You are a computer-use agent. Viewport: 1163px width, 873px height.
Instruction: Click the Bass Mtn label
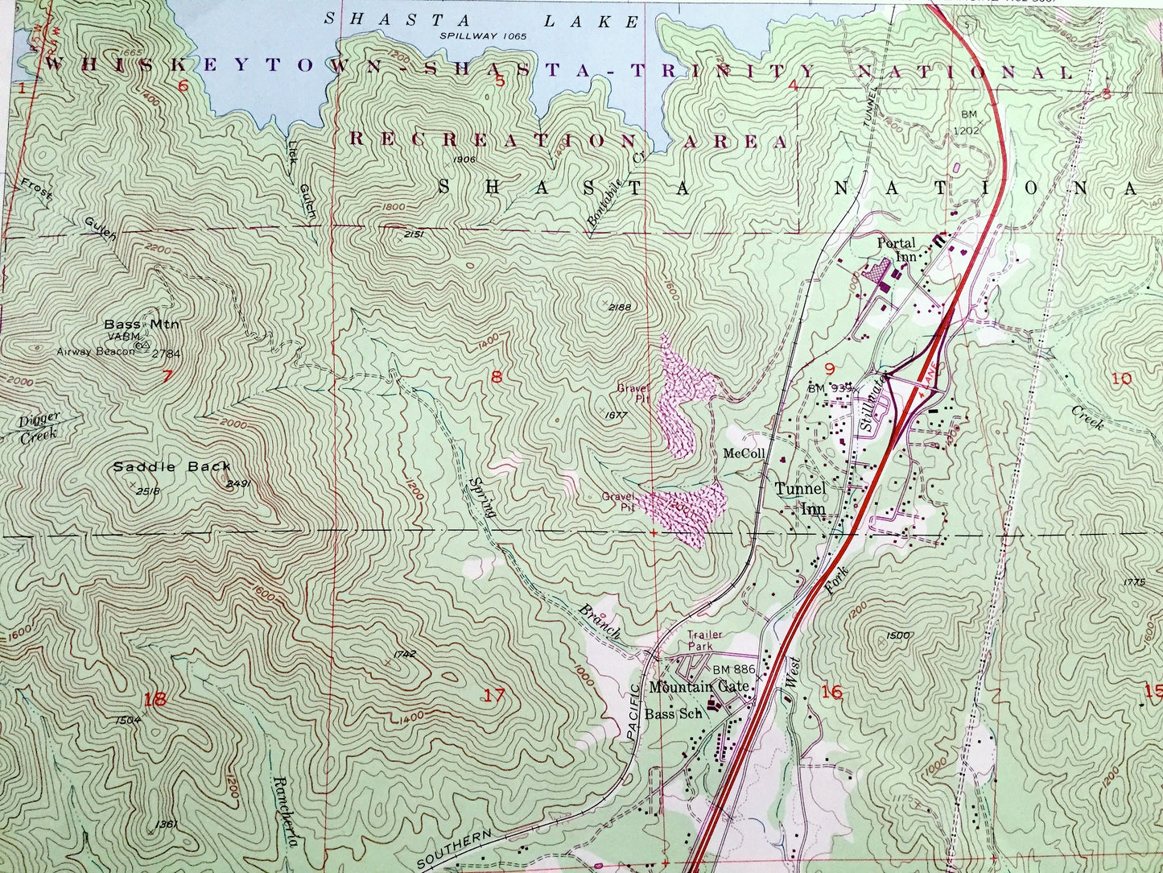pos(141,324)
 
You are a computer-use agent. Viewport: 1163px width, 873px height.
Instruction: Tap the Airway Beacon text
pos(95,351)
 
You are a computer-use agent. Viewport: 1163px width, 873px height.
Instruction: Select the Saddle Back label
pos(171,466)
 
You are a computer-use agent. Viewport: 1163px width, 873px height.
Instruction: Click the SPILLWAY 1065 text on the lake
pos(483,36)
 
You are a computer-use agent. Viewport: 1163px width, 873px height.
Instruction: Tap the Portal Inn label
pos(897,250)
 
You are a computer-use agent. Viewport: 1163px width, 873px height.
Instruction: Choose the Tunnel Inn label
pos(800,498)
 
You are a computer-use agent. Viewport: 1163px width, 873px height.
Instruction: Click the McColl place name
pos(743,453)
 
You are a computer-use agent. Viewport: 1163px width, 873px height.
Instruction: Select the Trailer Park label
pos(704,640)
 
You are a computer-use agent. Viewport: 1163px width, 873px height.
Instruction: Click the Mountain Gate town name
pos(699,686)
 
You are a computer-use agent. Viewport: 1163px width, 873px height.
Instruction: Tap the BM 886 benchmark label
pos(733,669)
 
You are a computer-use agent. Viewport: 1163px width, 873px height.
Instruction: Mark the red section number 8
pos(497,376)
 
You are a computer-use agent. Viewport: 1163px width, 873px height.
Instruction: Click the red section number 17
pos(494,694)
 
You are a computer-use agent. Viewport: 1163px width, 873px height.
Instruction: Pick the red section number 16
pos(831,691)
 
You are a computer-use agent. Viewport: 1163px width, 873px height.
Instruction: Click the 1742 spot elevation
pos(406,654)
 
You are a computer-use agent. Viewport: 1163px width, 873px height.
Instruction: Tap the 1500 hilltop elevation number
pos(897,635)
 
